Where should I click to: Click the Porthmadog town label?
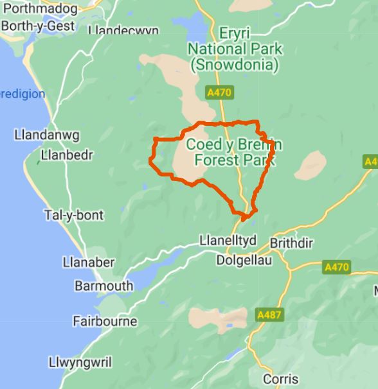pos(40,9)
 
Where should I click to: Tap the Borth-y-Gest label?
pos(37,26)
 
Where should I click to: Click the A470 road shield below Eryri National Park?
pos(219,93)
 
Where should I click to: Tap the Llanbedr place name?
pos(67,155)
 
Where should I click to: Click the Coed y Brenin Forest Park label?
pos(233,152)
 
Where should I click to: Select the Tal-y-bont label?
pos(73,215)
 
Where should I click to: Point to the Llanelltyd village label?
pos(227,240)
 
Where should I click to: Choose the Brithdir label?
pos(294,243)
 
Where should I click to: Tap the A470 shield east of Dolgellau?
pos(336,267)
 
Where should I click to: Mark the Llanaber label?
pos(89,262)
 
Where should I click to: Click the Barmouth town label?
pos(104,286)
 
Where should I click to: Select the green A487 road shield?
pos(269,315)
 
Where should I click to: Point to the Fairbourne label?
pos(105,321)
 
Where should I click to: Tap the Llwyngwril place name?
pos(80,362)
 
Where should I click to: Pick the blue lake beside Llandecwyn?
pos(188,26)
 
